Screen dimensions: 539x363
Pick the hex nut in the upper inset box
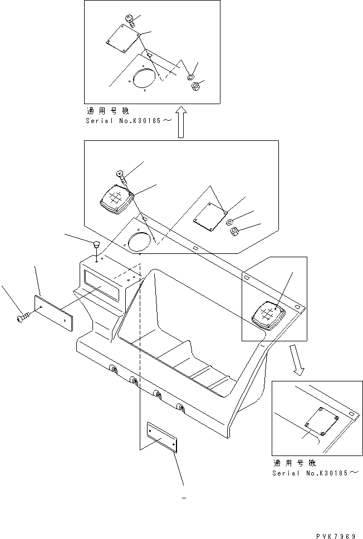[x=195, y=87]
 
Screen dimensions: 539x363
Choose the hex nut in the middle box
[x=236, y=231]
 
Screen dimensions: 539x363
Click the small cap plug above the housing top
[x=96, y=244]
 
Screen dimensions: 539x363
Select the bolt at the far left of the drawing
[x=21, y=317]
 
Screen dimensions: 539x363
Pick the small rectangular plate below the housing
[x=162, y=438]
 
